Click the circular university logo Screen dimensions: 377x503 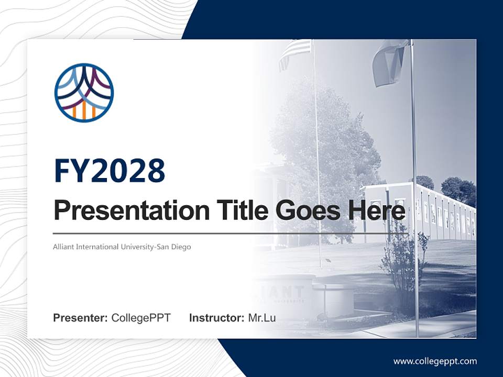click(x=84, y=93)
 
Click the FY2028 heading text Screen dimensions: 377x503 click(x=110, y=171)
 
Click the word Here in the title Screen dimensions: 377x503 click(x=377, y=210)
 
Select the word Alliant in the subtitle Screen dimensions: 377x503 click(x=63, y=247)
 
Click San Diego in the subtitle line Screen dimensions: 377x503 click(x=174, y=247)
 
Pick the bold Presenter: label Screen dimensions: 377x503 click(x=81, y=318)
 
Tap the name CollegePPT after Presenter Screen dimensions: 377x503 click(x=141, y=318)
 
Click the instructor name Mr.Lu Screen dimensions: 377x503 click(x=262, y=318)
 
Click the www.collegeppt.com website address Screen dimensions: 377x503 click(x=435, y=361)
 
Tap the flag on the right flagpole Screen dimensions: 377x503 click(x=390, y=62)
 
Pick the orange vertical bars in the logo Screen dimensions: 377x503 click(x=84, y=110)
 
